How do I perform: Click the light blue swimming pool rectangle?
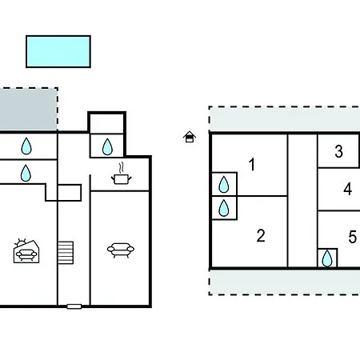point(58,51)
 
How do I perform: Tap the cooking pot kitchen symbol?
point(122,178)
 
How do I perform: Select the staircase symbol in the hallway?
point(66,253)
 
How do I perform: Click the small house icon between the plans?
point(190,137)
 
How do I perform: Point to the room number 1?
point(252,164)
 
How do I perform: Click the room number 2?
point(261,236)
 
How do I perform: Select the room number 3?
point(338,151)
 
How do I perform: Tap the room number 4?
point(347,189)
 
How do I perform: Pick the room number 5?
point(352,237)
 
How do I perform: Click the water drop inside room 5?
point(327,258)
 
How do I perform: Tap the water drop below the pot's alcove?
point(107,146)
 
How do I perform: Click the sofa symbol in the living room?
point(121,250)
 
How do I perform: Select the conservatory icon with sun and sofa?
point(26,251)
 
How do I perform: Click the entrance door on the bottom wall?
point(74,306)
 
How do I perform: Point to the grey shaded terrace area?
point(29,110)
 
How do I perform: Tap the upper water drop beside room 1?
point(223,184)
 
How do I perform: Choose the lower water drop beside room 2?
point(223,208)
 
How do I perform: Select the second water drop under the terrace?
point(26,173)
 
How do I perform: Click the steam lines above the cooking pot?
point(122,167)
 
